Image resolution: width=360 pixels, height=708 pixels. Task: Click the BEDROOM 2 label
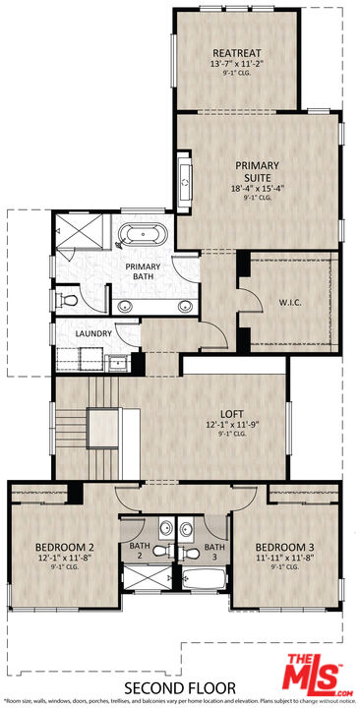(64, 547)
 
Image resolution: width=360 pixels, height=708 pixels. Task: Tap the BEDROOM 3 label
(284, 547)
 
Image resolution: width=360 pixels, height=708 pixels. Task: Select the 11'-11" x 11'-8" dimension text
(284, 558)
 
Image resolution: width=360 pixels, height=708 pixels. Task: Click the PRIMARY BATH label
(150, 272)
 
